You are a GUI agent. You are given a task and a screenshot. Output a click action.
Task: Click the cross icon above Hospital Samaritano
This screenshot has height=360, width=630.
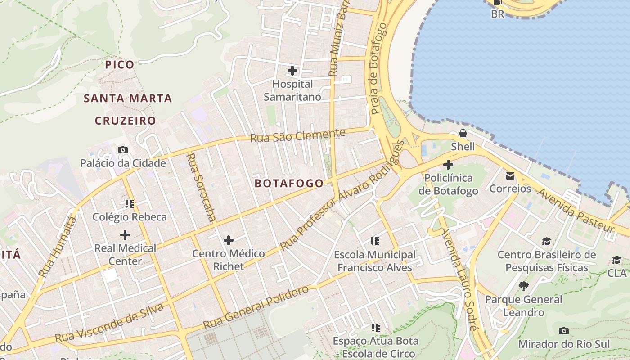(292, 71)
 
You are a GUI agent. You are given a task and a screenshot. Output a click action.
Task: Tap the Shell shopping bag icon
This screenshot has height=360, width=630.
(463, 133)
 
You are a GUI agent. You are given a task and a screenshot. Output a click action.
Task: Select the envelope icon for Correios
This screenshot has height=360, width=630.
(510, 175)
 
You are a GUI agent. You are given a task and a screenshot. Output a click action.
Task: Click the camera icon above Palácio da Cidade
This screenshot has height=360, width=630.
(123, 150)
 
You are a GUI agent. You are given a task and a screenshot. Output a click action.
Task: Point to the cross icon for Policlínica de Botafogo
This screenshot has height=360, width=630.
(448, 165)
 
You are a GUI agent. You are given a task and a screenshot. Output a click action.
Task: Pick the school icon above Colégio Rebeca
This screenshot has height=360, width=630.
(130, 204)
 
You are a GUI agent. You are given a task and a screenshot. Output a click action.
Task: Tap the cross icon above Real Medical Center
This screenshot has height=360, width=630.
(125, 235)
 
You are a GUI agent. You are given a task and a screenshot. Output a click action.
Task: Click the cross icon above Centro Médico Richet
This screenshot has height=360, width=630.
(229, 240)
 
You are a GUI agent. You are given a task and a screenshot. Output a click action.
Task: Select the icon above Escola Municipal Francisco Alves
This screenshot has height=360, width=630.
(374, 242)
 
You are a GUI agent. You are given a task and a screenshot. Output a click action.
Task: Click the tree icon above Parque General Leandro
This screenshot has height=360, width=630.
(523, 286)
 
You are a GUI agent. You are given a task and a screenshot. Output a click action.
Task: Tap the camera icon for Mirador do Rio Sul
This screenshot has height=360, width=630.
(563, 331)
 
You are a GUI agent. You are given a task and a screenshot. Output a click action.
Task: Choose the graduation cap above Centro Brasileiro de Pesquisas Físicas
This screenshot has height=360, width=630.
(546, 242)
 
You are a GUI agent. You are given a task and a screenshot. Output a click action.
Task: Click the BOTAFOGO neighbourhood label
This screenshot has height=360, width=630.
(289, 183)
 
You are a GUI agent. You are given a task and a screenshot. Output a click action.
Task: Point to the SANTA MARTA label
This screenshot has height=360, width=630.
(128, 99)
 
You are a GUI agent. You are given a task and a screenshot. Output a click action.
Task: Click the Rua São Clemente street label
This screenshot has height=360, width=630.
(297, 135)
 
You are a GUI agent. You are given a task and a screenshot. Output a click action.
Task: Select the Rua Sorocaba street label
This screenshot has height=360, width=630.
(200, 187)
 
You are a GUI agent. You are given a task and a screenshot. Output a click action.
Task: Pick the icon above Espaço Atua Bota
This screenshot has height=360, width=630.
(375, 328)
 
